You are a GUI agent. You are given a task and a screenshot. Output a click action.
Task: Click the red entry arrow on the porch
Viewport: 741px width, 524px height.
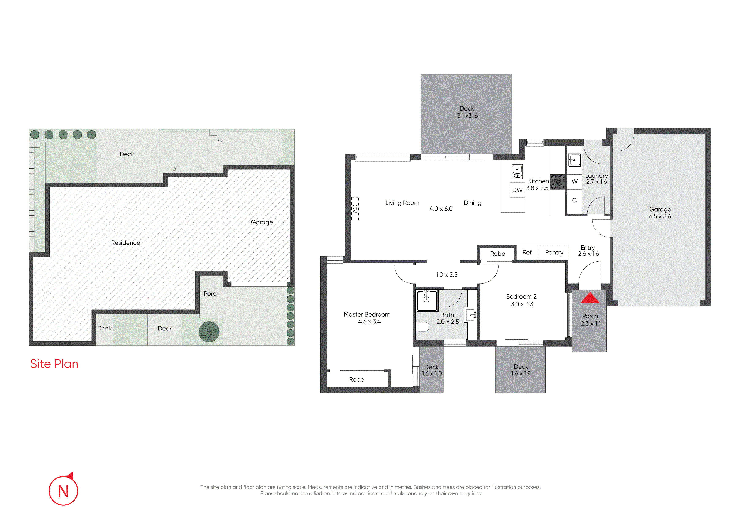pos(590,298)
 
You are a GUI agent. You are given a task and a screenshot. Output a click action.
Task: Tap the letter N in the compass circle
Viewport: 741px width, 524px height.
pos(63,491)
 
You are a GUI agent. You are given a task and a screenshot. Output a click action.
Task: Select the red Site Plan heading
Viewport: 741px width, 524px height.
pos(54,364)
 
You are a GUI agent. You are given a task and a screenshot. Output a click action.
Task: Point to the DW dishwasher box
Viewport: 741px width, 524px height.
pos(517,190)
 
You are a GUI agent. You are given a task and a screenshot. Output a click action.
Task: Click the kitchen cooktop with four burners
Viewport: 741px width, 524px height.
pos(557,182)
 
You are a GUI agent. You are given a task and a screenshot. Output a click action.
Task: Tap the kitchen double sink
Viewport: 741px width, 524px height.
pos(517,171)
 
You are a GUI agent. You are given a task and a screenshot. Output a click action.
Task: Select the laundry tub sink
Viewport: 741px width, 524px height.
pos(575,160)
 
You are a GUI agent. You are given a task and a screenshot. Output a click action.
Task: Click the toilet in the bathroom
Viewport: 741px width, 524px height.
pos(422,327)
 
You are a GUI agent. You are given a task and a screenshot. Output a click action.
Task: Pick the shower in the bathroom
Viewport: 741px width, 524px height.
pos(427,301)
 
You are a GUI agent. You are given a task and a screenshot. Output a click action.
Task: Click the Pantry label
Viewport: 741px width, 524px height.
pos(554,252)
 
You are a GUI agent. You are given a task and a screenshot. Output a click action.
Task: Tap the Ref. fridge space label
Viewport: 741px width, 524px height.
pos(527,252)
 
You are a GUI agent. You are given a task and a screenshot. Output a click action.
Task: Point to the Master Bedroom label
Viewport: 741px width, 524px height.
pos(367,314)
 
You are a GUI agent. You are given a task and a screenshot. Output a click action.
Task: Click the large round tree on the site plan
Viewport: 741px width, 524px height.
pos(209,332)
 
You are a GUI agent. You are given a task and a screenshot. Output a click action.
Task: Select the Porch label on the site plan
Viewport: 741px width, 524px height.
pos(211,293)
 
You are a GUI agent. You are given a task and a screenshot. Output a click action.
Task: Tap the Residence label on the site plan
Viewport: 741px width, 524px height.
pos(125,243)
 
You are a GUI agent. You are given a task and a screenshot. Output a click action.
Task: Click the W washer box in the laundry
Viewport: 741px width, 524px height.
pos(575,181)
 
